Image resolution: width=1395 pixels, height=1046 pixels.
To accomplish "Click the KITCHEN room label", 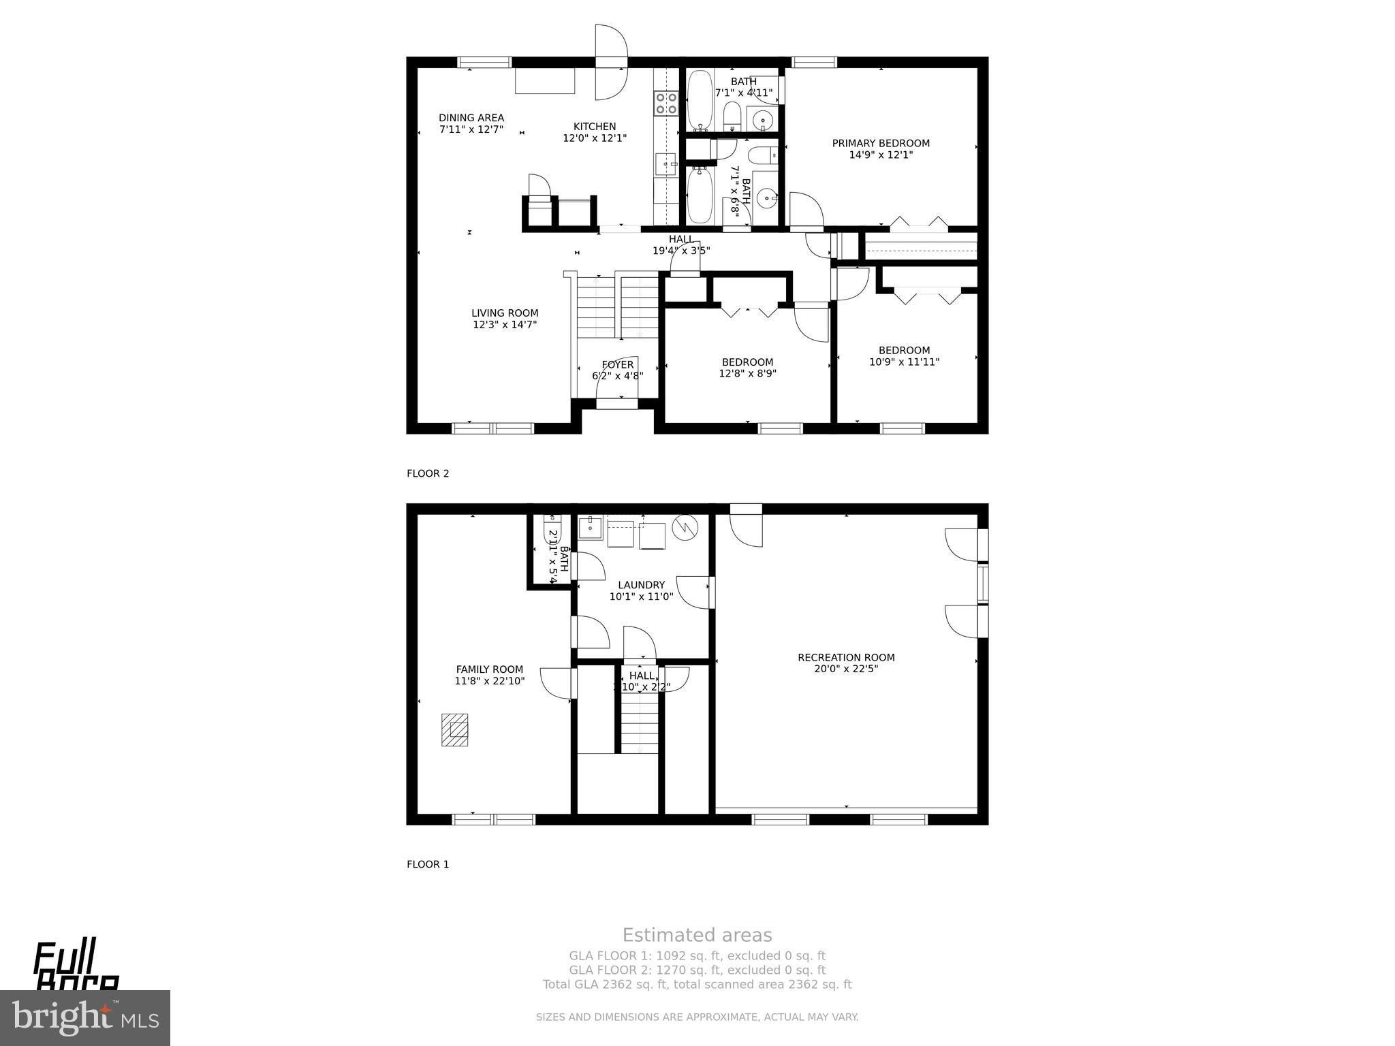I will click(x=594, y=127).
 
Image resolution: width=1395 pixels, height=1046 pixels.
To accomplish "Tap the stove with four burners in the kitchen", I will click(x=666, y=104).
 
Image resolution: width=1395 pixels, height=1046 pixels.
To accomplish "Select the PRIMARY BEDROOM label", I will click(x=880, y=143).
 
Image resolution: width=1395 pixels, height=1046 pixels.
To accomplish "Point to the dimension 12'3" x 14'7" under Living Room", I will click(x=505, y=325).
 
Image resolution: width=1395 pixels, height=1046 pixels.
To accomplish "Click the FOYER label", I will click(x=617, y=365).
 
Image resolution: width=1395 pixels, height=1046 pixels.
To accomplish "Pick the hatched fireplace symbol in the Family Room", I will click(x=454, y=729).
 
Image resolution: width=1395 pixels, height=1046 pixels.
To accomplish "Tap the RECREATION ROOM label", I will click(x=846, y=657).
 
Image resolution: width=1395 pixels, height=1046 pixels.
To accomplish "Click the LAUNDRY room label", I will click(x=641, y=585).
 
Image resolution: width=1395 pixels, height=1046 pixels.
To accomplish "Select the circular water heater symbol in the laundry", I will click(x=685, y=528).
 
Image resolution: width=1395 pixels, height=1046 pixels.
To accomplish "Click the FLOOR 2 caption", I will click(x=428, y=473).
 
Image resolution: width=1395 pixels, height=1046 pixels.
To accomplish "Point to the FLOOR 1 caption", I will click(x=428, y=864).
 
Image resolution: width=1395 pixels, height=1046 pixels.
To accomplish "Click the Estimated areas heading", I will click(x=697, y=935).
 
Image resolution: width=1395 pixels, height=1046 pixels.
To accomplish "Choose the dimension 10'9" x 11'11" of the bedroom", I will click(x=904, y=362).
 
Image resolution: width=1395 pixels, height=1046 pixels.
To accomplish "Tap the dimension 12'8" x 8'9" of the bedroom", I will click(x=747, y=374).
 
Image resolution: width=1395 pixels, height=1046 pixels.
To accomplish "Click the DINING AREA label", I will click(x=471, y=118).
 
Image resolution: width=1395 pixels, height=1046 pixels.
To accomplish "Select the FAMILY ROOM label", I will click(x=489, y=669).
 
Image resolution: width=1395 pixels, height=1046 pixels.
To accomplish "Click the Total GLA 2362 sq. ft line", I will click(x=697, y=984).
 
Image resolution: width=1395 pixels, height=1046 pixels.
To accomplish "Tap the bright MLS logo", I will click(x=84, y=1017).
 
